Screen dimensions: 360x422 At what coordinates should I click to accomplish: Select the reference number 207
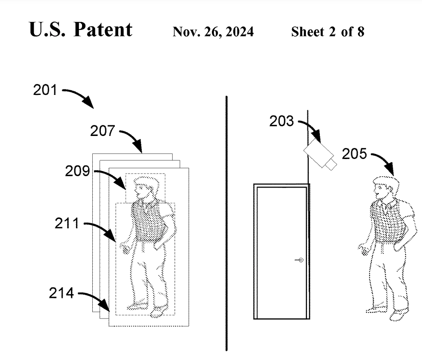point(103,131)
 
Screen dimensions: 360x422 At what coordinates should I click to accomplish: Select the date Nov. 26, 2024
point(213,32)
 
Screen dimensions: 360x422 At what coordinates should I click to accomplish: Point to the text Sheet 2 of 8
point(328,32)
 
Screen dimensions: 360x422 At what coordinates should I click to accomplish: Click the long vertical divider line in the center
point(226,222)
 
